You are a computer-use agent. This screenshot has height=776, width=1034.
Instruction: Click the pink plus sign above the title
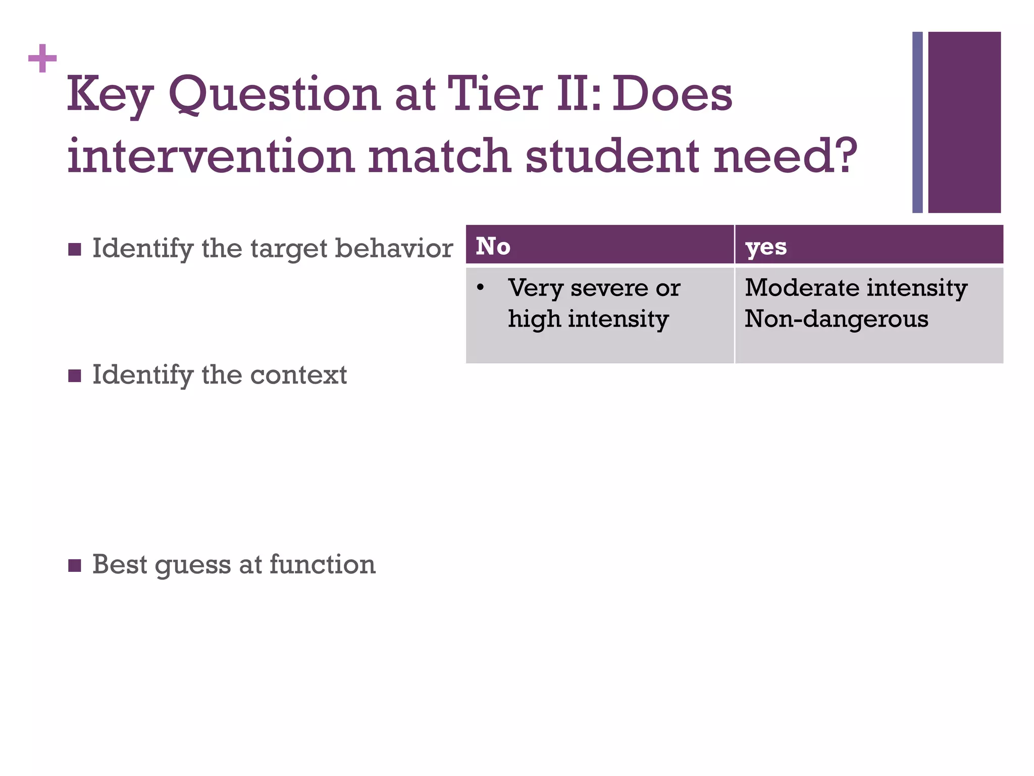42,59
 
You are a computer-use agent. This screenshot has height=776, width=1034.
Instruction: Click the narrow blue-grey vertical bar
917,122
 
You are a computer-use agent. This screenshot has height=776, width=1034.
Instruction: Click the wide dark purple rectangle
964,122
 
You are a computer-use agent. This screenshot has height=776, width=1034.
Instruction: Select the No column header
493,247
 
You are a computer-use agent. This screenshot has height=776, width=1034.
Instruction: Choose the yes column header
766,247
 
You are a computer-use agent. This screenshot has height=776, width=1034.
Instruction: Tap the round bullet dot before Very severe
480,288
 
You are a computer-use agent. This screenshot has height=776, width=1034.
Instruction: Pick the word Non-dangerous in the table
836,319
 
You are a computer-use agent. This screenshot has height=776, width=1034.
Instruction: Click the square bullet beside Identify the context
75,375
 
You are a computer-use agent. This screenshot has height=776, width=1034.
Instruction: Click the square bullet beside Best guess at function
75,565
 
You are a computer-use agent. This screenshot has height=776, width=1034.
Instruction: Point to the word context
298,375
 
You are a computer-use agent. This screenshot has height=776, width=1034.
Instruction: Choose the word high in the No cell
533,319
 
